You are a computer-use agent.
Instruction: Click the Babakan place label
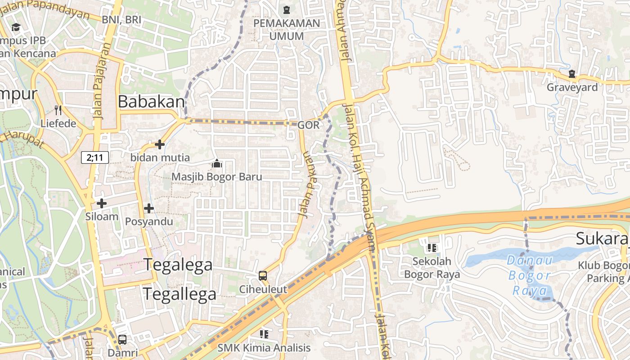point(151,102)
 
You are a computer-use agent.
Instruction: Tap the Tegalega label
point(178,265)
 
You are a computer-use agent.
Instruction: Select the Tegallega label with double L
point(180,294)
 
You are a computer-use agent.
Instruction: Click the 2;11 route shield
point(95,157)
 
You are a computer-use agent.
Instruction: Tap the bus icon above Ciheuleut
point(263,276)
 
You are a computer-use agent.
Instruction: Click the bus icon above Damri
point(122,340)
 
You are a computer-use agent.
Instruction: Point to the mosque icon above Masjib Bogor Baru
point(217,164)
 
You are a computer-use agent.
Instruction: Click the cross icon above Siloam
point(102,203)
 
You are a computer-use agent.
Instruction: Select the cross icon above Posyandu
point(149,208)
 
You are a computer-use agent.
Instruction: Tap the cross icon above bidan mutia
point(160,144)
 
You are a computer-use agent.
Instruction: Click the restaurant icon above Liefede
point(58,110)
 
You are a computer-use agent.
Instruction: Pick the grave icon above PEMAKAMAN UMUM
point(287,9)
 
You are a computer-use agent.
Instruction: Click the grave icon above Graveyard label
point(572,74)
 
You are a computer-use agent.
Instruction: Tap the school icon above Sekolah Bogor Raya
point(432,247)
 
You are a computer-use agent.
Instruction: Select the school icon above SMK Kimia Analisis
point(264,334)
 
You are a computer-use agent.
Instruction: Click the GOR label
point(308,125)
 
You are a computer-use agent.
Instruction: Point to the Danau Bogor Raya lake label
point(531,275)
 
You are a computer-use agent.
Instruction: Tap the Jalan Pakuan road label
point(309,184)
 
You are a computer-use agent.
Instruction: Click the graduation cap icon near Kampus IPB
point(16,27)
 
